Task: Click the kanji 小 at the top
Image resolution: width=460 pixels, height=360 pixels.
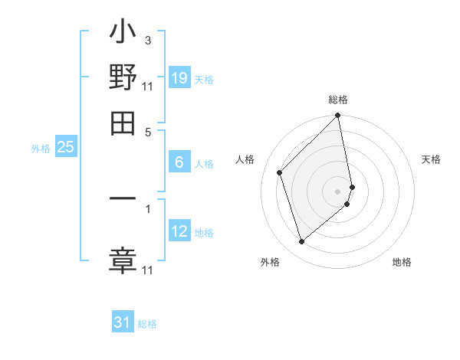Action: click(x=123, y=35)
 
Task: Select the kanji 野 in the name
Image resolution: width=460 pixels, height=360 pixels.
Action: click(x=123, y=77)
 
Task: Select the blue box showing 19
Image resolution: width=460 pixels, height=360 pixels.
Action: click(x=179, y=77)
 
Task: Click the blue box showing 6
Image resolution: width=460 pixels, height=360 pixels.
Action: click(x=179, y=162)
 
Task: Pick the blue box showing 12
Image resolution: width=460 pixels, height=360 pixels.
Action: click(x=179, y=231)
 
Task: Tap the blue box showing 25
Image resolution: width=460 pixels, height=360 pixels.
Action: click(x=66, y=147)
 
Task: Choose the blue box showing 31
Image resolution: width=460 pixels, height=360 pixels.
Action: click(x=123, y=322)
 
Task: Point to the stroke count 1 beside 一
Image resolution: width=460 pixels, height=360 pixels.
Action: click(x=147, y=206)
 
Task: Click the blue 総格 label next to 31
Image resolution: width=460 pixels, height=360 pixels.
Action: click(x=147, y=324)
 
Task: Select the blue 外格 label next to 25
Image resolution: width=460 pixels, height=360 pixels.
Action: click(x=41, y=149)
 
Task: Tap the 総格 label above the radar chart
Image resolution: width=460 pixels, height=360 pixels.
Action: click(x=338, y=100)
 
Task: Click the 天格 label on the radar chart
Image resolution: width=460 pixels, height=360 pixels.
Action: click(x=431, y=159)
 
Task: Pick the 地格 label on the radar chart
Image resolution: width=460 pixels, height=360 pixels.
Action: click(x=402, y=262)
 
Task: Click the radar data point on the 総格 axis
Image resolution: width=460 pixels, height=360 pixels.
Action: click(x=338, y=116)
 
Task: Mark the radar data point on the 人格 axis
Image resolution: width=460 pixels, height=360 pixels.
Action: click(x=280, y=172)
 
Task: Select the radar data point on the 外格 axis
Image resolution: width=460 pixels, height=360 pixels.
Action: click(x=302, y=241)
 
